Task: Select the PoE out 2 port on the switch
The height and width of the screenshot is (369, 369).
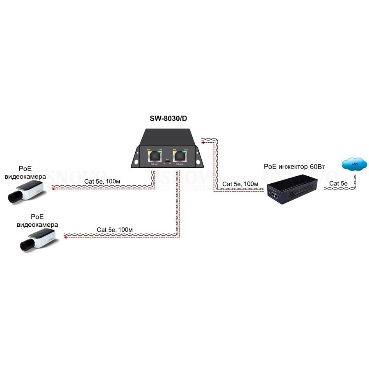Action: (179, 156)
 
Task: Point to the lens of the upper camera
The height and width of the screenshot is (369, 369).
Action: (14, 198)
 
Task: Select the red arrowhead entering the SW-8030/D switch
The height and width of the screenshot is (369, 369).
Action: (203, 143)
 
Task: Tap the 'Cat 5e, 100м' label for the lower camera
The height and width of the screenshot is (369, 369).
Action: (114, 230)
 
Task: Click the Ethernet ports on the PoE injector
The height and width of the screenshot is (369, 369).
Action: (274, 196)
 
